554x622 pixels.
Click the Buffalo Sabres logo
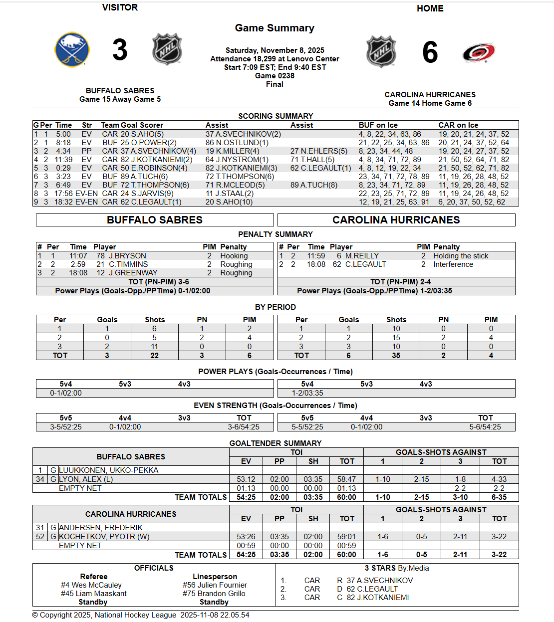tap(72, 49)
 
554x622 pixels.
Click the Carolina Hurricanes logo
tap(478, 52)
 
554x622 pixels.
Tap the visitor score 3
tap(120, 50)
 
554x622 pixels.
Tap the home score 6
tap(430, 53)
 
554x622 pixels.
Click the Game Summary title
tap(275, 28)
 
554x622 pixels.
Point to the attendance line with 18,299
tap(275, 59)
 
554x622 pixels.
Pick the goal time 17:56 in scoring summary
tap(64, 194)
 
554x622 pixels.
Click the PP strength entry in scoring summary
tap(87, 151)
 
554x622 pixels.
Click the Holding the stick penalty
tap(461, 256)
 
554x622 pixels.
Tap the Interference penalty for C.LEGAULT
tap(453, 264)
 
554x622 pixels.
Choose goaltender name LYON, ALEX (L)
tap(86, 479)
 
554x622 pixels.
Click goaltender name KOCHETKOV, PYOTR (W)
tap(104, 537)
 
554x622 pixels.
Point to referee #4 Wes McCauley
tap(91, 585)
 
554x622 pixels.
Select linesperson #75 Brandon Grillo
tap(214, 594)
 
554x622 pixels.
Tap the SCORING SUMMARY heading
tap(276, 116)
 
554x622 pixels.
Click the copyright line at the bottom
tap(141, 615)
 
